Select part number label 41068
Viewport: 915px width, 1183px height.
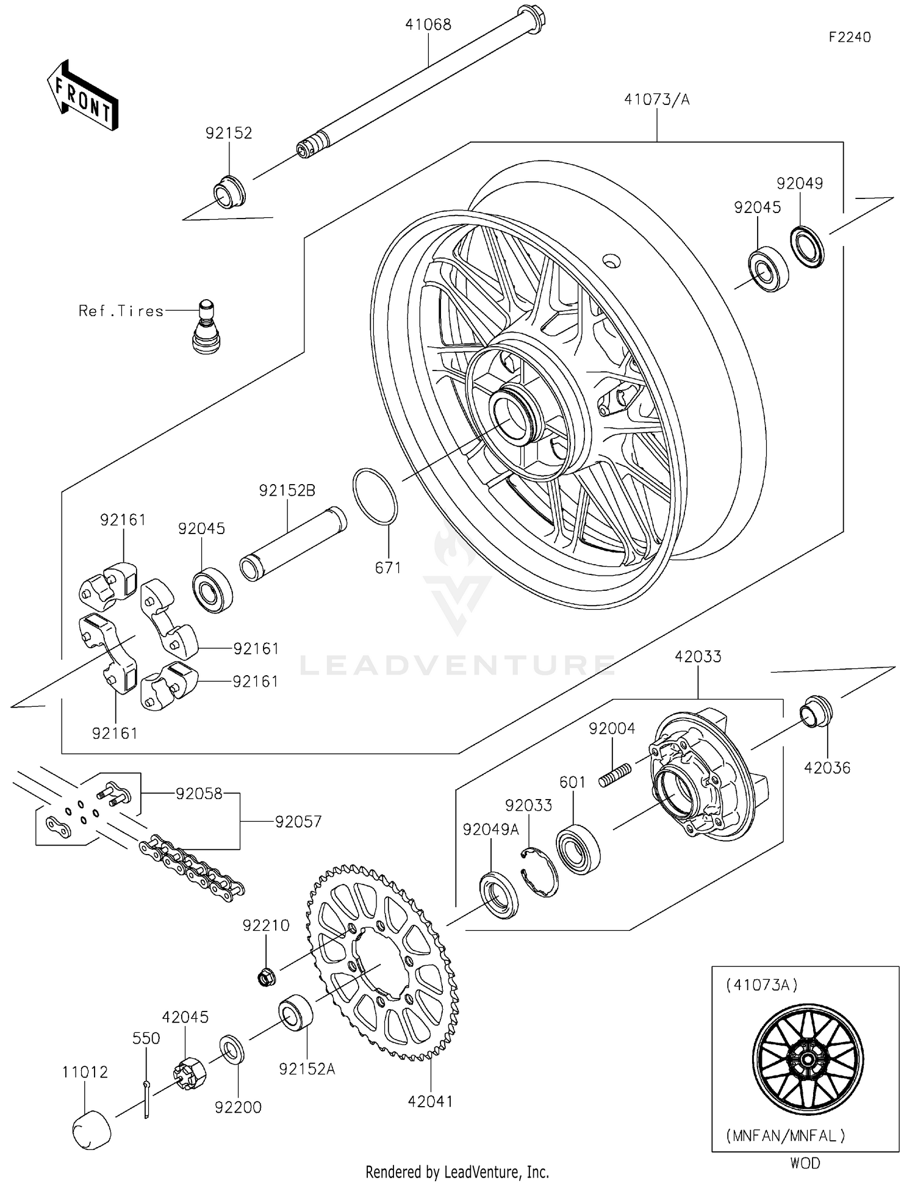click(428, 24)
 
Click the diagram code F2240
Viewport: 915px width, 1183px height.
click(849, 37)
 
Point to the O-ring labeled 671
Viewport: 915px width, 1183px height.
click(375, 496)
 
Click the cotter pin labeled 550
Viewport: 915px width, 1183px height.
click(146, 1099)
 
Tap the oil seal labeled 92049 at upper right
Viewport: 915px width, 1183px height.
click(807, 246)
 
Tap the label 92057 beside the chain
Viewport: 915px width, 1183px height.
click(298, 822)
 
